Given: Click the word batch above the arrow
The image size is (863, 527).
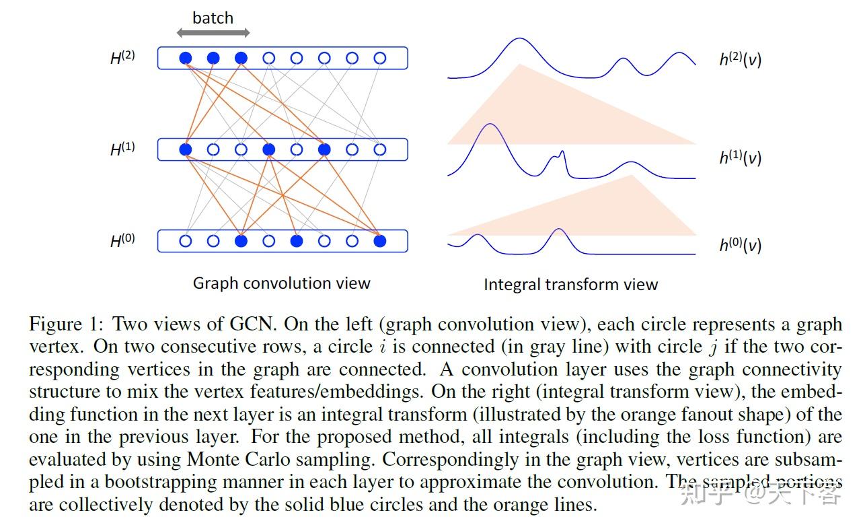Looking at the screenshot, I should click(213, 17).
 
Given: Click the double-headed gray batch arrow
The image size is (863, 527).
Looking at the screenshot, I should click(213, 32).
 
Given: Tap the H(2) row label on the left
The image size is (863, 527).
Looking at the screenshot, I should click(123, 57).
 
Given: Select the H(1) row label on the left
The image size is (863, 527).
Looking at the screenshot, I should click(123, 149).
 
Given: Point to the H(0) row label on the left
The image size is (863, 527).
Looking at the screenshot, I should click(123, 240).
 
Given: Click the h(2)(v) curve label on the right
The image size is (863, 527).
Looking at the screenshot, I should click(740, 59).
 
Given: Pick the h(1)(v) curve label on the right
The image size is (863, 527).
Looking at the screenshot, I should click(740, 157).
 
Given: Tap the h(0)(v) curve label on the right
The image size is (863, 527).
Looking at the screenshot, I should click(740, 245).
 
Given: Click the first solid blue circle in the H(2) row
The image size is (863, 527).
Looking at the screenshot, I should click(186, 59).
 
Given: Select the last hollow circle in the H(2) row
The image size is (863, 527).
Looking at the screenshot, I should click(379, 59).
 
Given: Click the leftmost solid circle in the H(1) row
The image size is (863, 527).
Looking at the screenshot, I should click(186, 149).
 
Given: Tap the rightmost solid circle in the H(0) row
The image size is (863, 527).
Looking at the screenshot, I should click(379, 241).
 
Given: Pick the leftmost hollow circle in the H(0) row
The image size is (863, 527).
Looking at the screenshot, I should click(186, 241).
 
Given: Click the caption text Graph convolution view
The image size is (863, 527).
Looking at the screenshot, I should click(281, 283).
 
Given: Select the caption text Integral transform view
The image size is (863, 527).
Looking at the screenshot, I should click(570, 285).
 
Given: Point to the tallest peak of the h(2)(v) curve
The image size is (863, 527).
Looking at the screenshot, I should click(519, 39).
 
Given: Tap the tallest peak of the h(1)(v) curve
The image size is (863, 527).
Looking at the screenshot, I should click(489, 125).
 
